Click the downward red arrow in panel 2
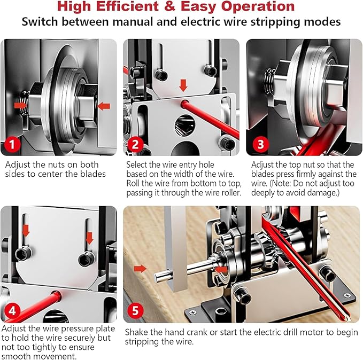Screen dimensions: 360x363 pos(183,85)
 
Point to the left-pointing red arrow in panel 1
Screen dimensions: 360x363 pos(104,106)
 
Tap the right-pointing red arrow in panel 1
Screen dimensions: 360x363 pos(21,105)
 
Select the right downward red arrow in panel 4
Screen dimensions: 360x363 pos(89,237)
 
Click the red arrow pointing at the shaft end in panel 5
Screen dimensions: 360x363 pos(140,268)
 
